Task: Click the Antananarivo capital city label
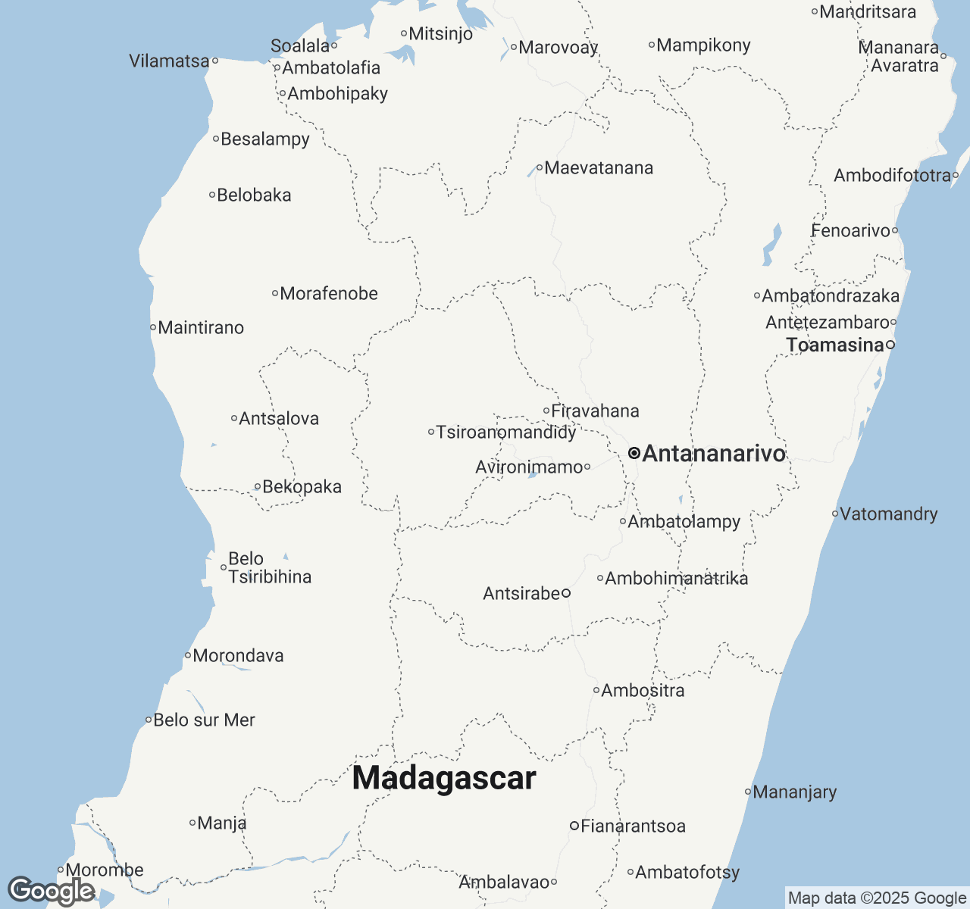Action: click(x=714, y=454)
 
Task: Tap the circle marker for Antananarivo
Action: click(x=634, y=453)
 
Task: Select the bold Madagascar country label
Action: click(x=444, y=779)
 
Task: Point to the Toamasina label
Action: click(x=835, y=345)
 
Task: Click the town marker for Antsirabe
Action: click(x=566, y=593)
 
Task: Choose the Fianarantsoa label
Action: click(x=633, y=826)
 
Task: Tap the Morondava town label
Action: click(x=238, y=656)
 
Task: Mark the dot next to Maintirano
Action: click(x=153, y=328)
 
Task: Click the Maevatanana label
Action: click(x=599, y=168)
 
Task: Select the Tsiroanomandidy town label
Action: click(x=506, y=433)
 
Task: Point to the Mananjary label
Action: click(x=795, y=792)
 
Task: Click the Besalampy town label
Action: click(x=265, y=139)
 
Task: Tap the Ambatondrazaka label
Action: click(x=831, y=296)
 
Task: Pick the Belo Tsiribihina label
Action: click(x=269, y=568)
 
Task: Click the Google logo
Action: click(x=52, y=891)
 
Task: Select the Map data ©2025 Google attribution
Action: click(x=877, y=898)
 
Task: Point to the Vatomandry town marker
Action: click(x=835, y=514)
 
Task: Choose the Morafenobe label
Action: click(x=329, y=294)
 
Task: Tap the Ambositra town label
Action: click(x=643, y=691)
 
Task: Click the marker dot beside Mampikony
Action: click(x=652, y=45)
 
